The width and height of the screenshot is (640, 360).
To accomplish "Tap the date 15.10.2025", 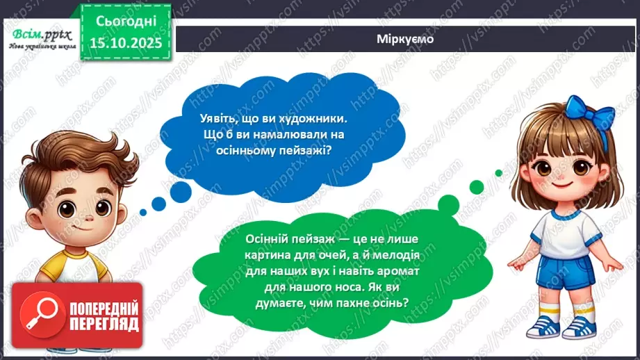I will click(x=124, y=42).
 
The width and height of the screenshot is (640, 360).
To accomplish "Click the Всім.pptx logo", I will click(x=40, y=35).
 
